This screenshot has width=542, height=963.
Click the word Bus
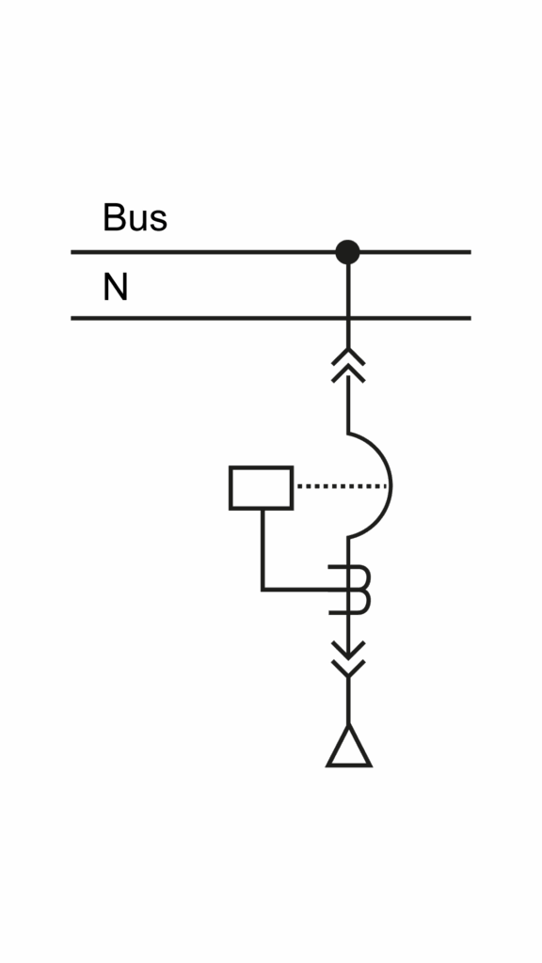coord(135,217)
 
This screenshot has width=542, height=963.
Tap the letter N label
coord(116,287)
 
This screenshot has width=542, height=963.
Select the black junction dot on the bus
coord(348,252)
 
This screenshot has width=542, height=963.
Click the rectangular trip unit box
coord(262,488)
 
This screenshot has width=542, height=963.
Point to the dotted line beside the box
coord(342,486)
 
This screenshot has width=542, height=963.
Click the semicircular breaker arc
coord(391,486)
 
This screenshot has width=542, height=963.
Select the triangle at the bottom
coord(349,747)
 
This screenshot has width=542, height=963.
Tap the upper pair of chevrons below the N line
coord(348,365)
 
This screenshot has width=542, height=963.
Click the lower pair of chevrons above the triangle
coord(348,659)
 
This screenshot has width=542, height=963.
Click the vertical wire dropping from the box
coord(263,549)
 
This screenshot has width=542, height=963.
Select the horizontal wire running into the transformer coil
coord(306,590)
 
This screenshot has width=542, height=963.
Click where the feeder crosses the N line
coord(348,318)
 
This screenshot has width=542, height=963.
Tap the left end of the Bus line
coord(72,252)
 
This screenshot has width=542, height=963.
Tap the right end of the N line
coord(470,318)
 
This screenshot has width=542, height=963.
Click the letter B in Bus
coord(114,217)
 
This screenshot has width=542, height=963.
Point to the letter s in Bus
coord(158,222)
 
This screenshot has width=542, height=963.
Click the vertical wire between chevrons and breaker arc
coord(348,404)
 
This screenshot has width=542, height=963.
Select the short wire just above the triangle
coord(348,700)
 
